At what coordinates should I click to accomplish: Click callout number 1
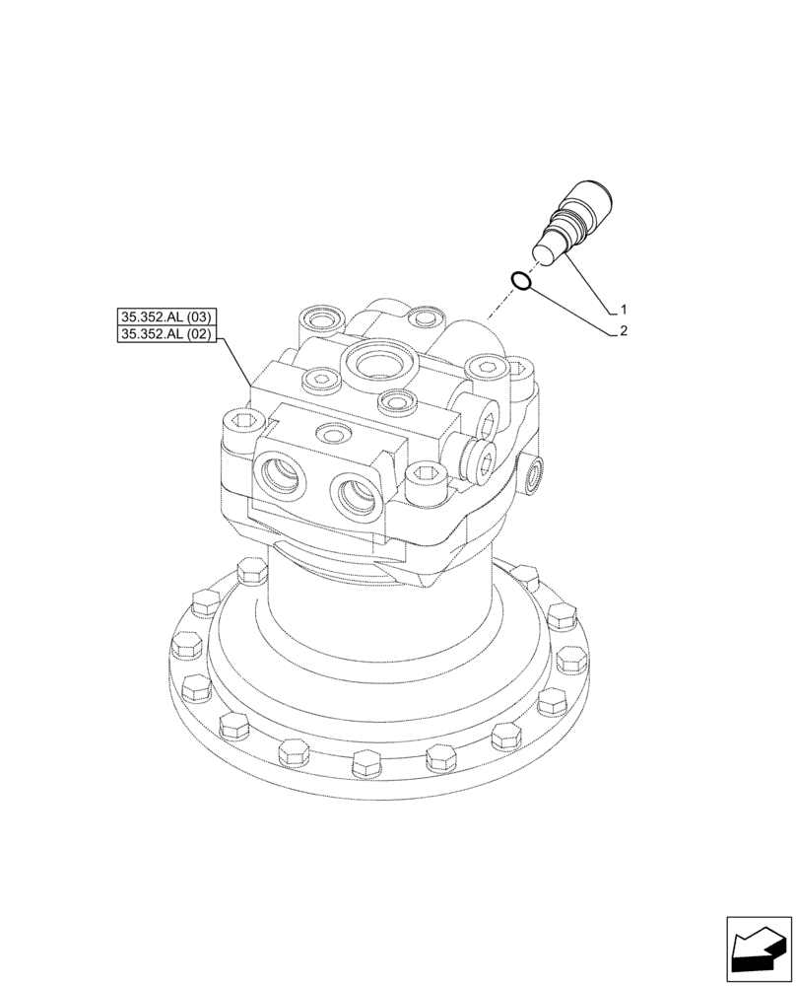(625, 309)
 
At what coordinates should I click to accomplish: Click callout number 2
(625, 332)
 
